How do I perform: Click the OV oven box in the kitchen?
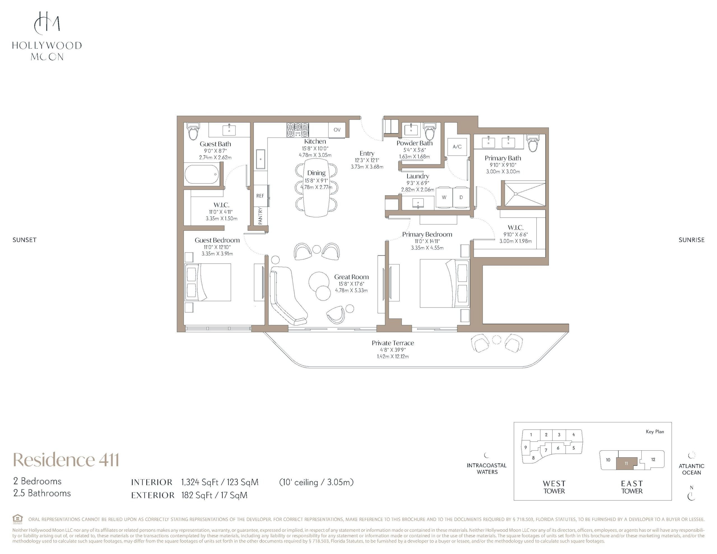[x=337, y=130]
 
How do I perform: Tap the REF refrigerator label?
[x=260, y=196]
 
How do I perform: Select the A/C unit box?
[x=457, y=147]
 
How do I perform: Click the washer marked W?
[x=444, y=197]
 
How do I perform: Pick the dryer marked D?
[x=461, y=197]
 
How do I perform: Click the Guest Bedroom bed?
[x=208, y=282]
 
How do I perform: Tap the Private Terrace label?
[x=393, y=343]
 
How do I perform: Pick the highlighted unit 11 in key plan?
[x=626, y=463]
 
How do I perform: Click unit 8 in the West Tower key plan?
[x=533, y=458]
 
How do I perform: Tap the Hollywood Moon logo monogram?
[x=47, y=23]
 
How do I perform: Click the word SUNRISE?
[x=692, y=240]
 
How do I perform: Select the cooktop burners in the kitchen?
[x=297, y=130]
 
